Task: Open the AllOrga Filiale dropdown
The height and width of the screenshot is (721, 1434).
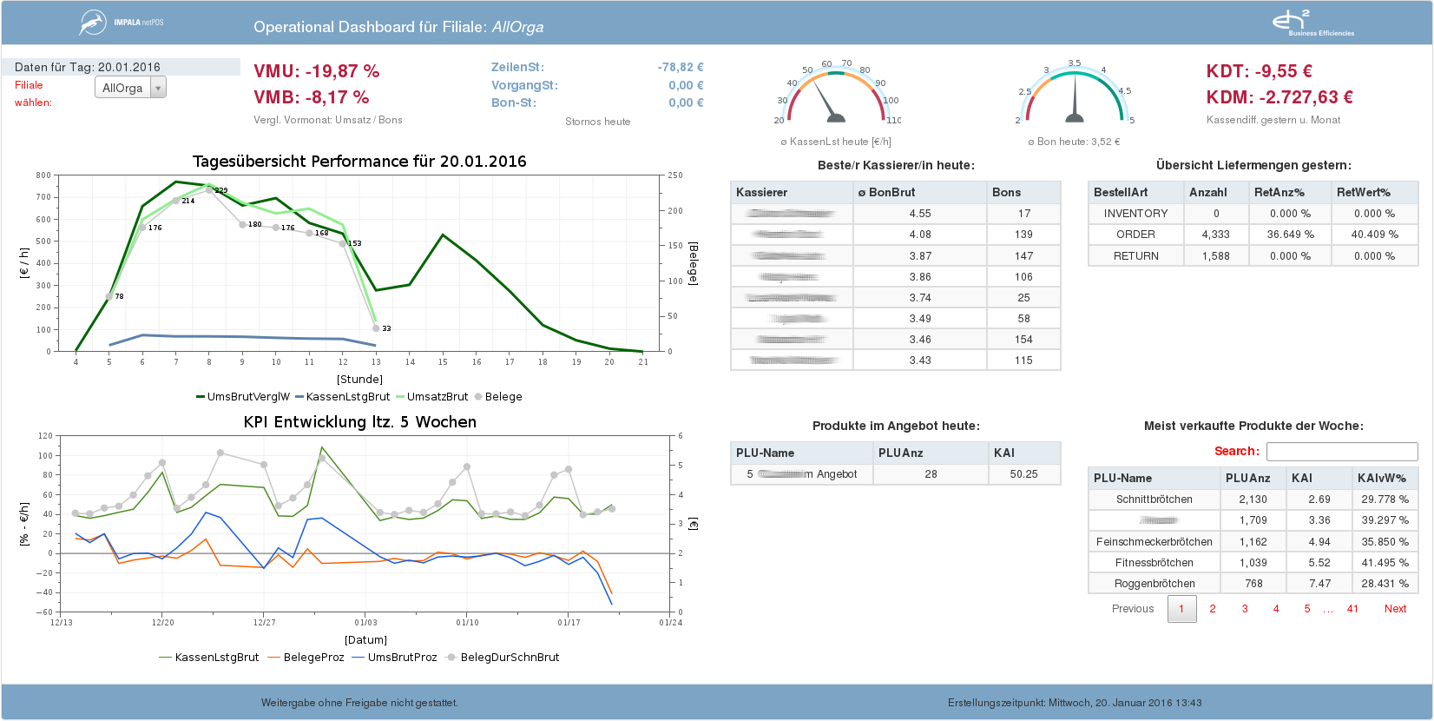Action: pos(130,88)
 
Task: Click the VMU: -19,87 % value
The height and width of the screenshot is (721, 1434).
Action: pos(316,71)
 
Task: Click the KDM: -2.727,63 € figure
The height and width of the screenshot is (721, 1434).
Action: pos(1279,97)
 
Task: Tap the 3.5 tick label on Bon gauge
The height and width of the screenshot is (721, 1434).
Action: pos(1075,63)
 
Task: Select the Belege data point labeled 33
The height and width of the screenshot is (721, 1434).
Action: pos(376,328)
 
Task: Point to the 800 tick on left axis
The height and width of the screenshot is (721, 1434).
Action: pos(43,175)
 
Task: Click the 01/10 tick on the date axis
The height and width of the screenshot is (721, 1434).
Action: pos(467,622)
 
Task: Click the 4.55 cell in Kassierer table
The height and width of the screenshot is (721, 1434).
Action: pos(919,214)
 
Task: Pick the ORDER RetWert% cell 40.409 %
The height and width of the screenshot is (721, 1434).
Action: pos(1374,235)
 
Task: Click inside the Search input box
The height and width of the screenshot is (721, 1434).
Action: pos(1341,452)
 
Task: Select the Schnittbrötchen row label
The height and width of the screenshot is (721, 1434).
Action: pos(1154,499)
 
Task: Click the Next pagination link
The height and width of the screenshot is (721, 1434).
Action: pos(1395,609)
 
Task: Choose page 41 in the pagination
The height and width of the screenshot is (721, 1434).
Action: pos(1352,609)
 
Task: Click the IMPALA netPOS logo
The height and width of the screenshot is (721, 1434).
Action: pos(122,23)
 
